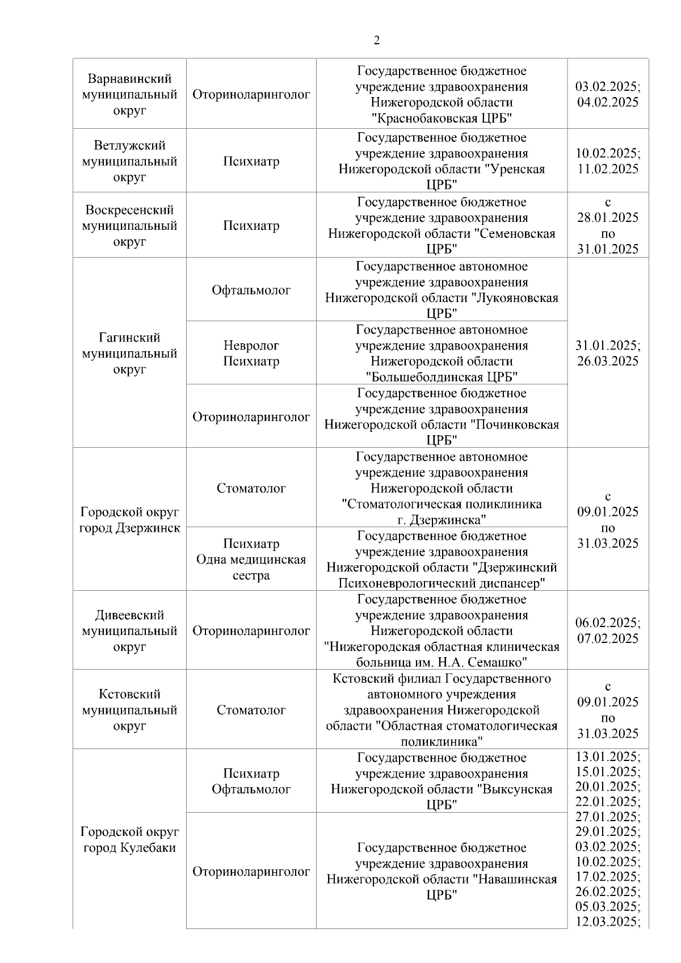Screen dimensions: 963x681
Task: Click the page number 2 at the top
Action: [x=376, y=40]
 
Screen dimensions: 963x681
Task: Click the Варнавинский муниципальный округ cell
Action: [x=129, y=94]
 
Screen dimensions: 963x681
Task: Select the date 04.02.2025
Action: [x=607, y=102]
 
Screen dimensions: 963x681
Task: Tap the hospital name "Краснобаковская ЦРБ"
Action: [x=442, y=118]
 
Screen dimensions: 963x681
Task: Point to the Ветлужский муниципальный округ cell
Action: [x=129, y=161]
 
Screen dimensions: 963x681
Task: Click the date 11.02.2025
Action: [x=607, y=169]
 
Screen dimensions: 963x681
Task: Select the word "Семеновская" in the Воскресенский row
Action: [x=514, y=233]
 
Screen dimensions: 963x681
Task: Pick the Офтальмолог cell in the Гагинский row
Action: [x=251, y=290]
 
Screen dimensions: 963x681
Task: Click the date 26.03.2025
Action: [x=607, y=361]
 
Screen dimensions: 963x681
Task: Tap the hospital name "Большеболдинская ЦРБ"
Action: [x=442, y=377]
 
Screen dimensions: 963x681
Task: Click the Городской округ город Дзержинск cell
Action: [x=129, y=520]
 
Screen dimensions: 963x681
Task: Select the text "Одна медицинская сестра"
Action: [x=251, y=567]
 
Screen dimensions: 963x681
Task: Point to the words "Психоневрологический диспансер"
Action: [x=442, y=583]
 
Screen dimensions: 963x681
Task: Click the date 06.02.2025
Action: [x=607, y=623]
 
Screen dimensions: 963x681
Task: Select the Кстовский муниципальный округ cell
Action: [x=129, y=709]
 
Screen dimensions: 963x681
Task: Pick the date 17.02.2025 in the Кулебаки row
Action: [x=607, y=876]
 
